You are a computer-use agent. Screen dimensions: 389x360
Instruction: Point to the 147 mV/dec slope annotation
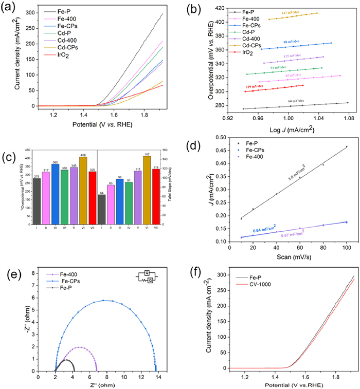point(291,12)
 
